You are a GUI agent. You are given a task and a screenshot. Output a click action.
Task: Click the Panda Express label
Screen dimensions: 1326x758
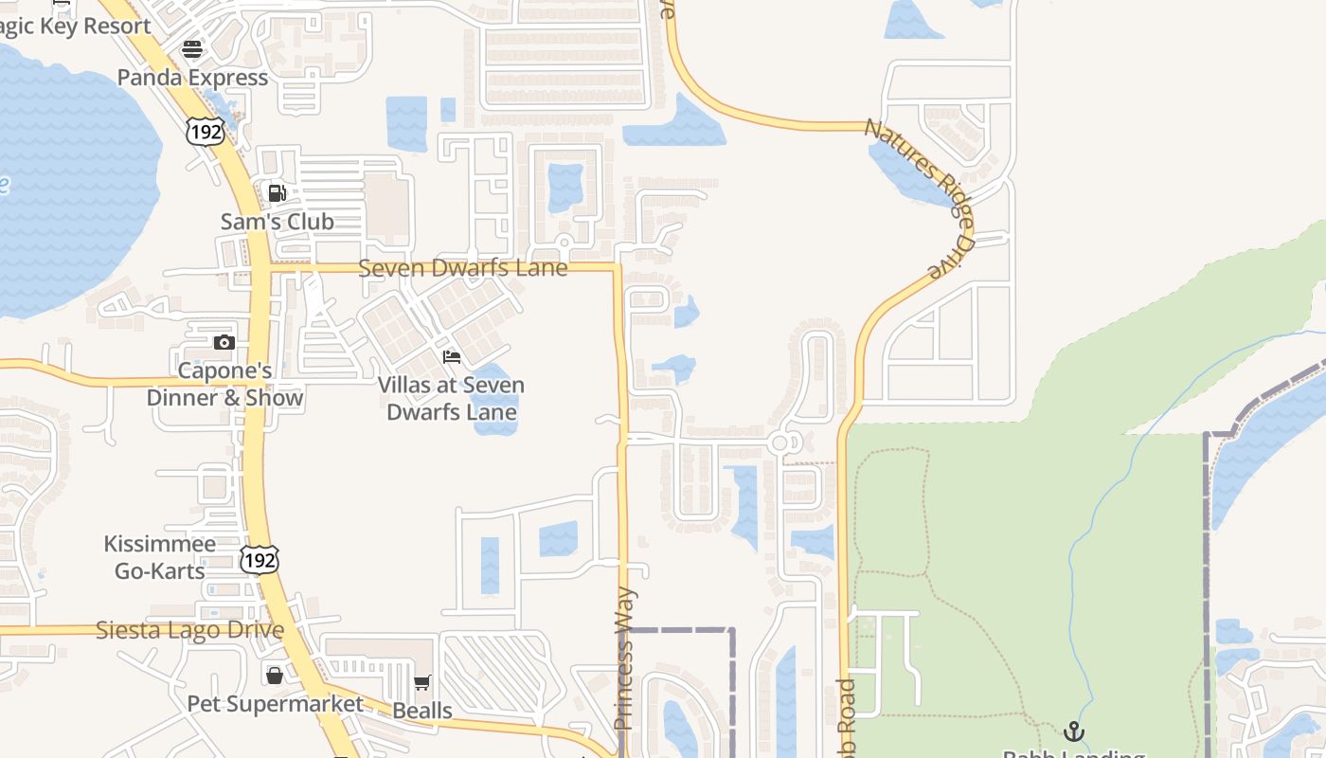point(192,78)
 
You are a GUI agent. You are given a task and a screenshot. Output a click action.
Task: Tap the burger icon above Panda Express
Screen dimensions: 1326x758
point(192,49)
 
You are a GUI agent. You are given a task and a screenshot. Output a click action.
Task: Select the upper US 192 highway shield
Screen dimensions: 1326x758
point(205,132)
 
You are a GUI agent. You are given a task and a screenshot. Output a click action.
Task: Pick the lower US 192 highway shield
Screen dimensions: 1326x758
point(259,560)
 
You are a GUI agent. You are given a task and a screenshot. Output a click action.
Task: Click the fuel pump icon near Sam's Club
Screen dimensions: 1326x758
point(277,193)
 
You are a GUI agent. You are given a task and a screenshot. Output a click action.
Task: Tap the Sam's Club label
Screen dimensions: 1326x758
point(277,222)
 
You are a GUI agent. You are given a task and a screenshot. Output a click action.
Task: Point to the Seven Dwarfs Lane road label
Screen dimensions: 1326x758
point(462,268)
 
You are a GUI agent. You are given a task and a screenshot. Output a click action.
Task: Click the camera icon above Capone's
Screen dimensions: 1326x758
point(224,342)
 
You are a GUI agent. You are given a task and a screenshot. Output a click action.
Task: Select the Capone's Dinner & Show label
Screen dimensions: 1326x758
point(224,384)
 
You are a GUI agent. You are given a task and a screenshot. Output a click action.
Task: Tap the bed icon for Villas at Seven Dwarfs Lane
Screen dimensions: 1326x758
point(452,357)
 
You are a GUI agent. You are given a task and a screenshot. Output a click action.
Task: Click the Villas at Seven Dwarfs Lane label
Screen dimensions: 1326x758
point(451,399)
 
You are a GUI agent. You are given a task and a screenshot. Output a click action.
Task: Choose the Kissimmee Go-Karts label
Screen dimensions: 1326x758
point(159,558)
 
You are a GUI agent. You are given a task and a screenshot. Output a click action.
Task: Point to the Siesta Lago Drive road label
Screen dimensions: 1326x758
point(189,630)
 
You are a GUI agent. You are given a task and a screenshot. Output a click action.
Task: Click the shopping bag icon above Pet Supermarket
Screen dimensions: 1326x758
point(275,675)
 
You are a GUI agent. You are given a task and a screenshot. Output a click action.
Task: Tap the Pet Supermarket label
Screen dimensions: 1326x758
point(275,704)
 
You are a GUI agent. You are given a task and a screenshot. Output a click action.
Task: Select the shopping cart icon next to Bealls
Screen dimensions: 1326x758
point(421,683)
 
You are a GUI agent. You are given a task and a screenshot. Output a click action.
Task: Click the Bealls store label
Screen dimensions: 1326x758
point(421,711)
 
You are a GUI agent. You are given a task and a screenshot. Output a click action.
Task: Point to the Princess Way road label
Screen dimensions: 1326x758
point(624,659)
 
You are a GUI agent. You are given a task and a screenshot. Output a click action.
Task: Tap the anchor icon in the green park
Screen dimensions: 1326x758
point(1073,731)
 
